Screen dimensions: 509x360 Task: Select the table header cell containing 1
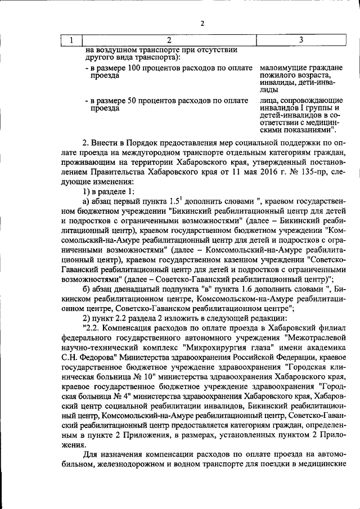click(x=71, y=40)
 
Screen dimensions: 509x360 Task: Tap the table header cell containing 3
click(x=300, y=40)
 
